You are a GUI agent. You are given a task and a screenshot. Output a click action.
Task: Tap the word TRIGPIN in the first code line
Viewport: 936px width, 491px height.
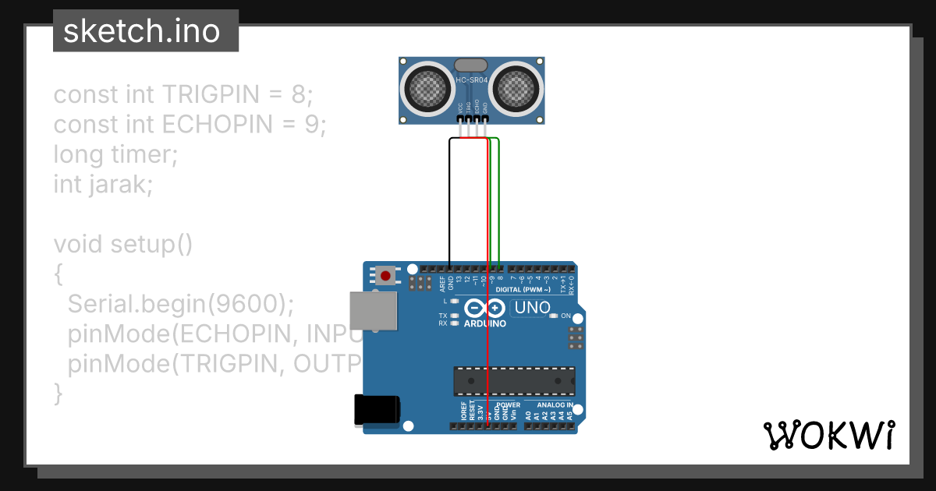(x=211, y=95)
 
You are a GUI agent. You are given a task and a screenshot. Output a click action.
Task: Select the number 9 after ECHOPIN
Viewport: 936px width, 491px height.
(x=312, y=125)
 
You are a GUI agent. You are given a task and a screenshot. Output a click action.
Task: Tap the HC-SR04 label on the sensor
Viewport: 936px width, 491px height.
(x=472, y=80)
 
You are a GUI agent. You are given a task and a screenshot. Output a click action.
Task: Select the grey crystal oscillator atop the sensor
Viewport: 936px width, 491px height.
(x=472, y=65)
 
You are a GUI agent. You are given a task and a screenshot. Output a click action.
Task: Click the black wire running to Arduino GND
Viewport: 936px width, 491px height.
(x=450, y=203)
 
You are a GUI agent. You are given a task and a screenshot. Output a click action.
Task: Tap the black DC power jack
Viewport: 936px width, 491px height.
(x=377, y=410)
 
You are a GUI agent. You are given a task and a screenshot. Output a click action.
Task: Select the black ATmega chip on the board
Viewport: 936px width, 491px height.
(x=514, y=380)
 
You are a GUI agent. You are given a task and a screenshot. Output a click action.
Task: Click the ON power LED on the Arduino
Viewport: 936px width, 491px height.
(x=554, y=316)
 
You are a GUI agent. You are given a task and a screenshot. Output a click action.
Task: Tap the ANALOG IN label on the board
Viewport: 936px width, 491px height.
(x=555, y=405)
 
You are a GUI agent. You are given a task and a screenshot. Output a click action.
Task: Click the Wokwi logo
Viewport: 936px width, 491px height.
(x=828, y=434)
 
